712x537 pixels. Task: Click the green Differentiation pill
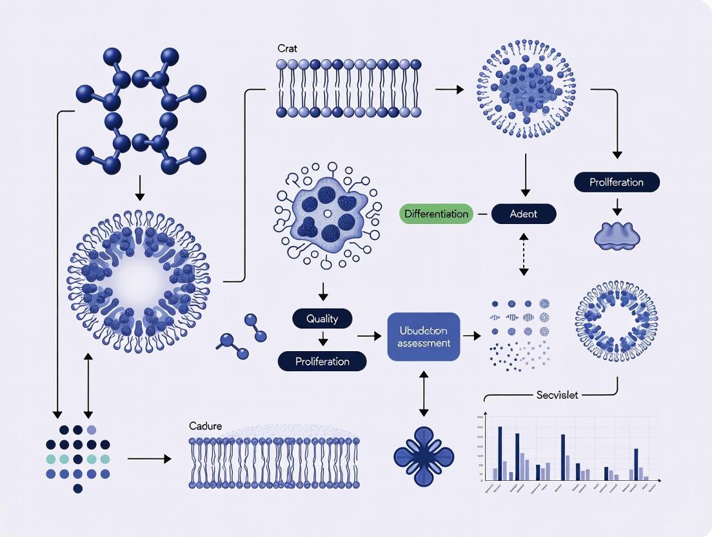(x=436, y=214)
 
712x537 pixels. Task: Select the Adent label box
(x=523, y=214)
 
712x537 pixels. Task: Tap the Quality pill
(x=322, y=318)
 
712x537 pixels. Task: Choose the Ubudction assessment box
(x=424, y=336)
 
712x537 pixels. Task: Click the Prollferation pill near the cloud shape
(x=617, y=182)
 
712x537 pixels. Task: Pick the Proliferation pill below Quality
(x=322, y=361)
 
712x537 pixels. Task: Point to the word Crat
(x=286, y=48)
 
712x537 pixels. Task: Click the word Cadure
(x=205, y=426)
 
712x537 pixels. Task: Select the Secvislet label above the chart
(x=557, y=394)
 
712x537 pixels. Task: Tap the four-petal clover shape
(x=424, y=456)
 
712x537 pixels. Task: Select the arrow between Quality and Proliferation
(x=322, y=339)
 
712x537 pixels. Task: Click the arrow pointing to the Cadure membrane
(x=150, y=459)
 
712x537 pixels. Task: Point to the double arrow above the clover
(x=424, y=393)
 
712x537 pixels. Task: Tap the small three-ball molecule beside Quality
(x=243, y=336)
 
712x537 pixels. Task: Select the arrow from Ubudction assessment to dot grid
(x=472, y=336)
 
